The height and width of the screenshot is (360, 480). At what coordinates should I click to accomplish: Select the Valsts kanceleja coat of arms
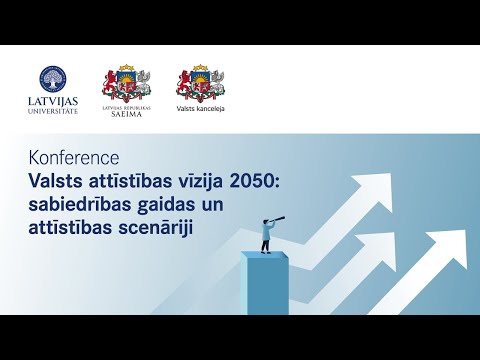pyautogui.click(x=200, y=82)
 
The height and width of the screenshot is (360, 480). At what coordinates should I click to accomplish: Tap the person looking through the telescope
pyautogui.click(x=266, y=236)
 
